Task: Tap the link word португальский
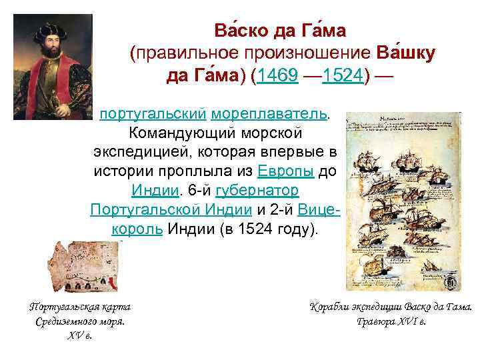point(148,115)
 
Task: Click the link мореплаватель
point(276,115)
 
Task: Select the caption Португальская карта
point(79,307)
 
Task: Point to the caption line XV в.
point(79,335)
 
